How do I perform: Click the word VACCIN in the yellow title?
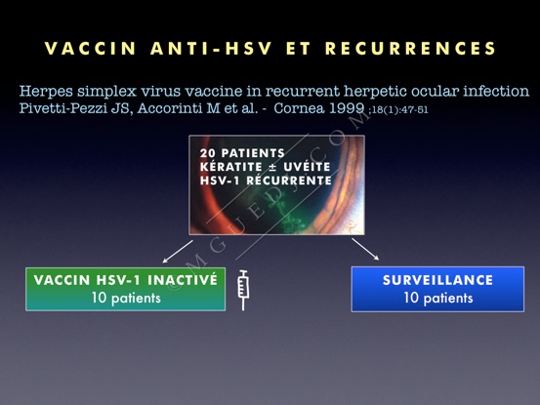coord(90,49)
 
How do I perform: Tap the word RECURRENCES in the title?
coord(410,49)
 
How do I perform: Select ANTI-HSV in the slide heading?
coord(211,49)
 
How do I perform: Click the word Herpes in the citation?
coord(46,92)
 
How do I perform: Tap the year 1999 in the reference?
coord(347,108)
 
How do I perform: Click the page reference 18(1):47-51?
coord(399,110)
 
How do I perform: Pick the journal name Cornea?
coord(299,108)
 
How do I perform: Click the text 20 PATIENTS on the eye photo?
coord(242,153)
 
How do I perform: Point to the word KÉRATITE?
coord(231,167)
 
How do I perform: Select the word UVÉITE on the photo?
coord(308,167)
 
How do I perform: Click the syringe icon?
coord(243,290)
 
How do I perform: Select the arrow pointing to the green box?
coord(178,252)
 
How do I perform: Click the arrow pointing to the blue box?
coord(365,249)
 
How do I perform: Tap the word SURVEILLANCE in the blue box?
coord(437,280)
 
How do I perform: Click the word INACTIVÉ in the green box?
coord(183,279)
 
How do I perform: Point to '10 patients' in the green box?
coord(126,298)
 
